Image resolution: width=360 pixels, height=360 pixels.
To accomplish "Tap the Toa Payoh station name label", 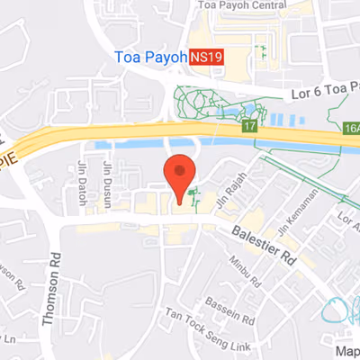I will pos(150,56).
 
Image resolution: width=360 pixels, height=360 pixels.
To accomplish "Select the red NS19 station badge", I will pos(206,56).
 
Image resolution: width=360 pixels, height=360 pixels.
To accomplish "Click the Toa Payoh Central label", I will pos(237,6).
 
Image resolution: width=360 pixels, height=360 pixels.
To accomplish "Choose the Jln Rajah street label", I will pos(233,186).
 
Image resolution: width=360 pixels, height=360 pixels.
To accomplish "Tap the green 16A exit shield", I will pos(350,129).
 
